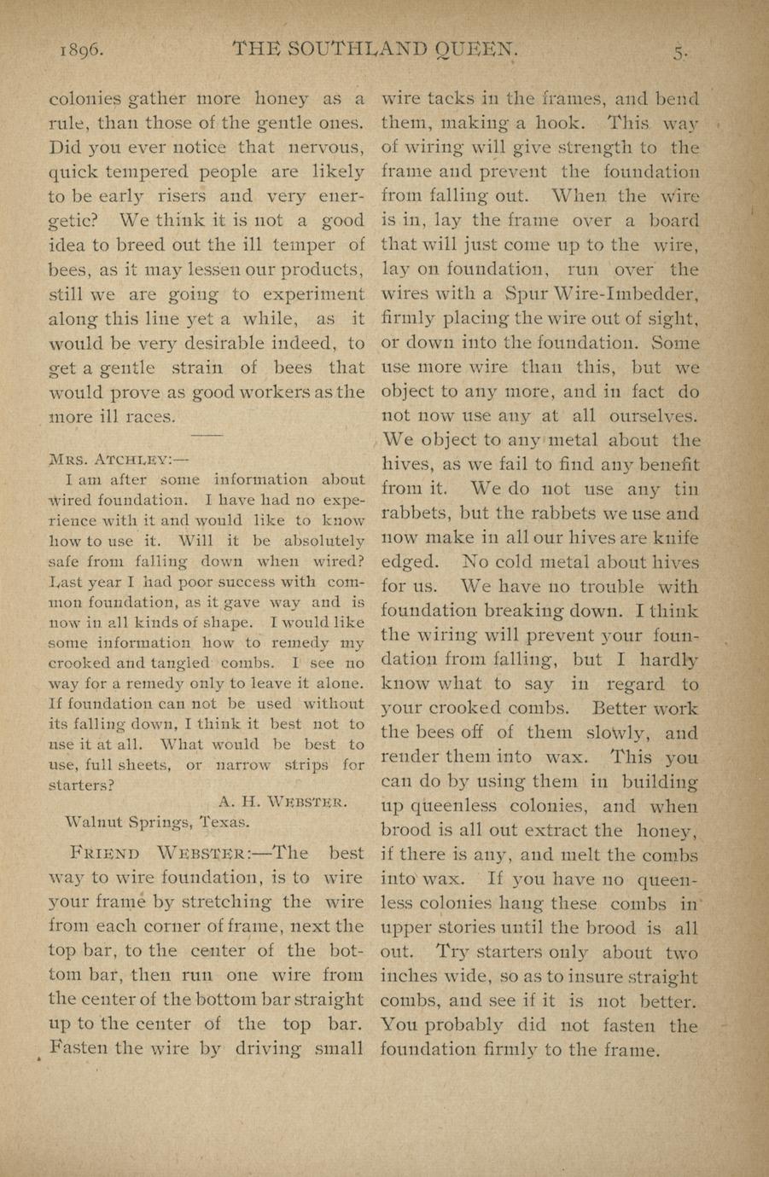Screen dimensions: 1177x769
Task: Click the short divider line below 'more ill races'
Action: [206, 436]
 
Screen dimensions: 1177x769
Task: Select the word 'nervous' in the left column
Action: [323, 147]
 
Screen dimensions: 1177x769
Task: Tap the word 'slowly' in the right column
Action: [615, 733]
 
